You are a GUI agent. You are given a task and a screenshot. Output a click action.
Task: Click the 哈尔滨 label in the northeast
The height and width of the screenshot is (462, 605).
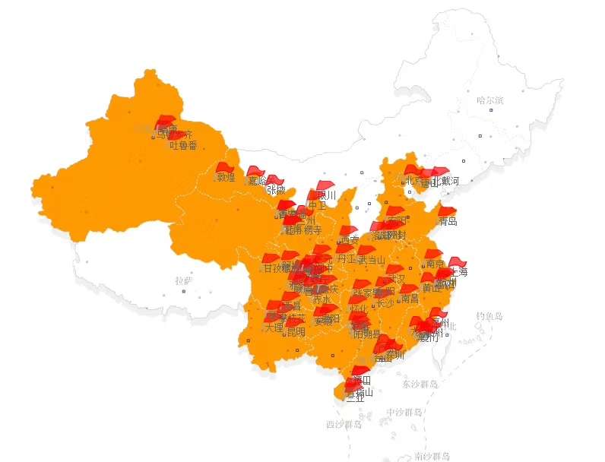tap(490, 100)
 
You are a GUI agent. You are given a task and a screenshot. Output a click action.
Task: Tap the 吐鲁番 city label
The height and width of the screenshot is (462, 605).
tap(183, 145)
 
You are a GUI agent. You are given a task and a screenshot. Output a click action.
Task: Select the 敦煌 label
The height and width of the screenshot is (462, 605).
tap(226, 178)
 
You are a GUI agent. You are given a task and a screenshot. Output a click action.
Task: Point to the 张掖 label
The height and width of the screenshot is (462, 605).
tap(276, 190)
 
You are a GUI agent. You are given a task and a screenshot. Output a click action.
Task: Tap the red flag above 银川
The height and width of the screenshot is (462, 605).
tap(325, 185)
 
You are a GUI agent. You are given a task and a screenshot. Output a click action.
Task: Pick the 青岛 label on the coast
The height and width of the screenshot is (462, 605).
tap(448, 222)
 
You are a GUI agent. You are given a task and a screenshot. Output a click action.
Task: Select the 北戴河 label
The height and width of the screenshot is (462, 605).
tap(445, 181)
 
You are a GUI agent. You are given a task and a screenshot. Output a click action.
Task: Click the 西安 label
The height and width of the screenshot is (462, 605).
tap(350, 240)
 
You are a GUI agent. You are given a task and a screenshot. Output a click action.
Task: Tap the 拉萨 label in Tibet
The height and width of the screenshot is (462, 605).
tap(183, 280)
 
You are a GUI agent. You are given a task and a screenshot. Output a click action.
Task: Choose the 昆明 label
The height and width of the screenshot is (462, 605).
tap(295, 331)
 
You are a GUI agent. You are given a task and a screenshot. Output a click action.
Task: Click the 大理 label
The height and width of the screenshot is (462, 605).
tap(274, 328)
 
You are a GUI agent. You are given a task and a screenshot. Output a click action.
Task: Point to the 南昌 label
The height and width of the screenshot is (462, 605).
tap(409, 299)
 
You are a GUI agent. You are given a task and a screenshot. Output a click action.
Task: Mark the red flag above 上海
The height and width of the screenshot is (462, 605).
tap(457, 262)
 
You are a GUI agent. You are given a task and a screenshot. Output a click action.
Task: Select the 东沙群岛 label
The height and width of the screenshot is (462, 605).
tap(421, 384)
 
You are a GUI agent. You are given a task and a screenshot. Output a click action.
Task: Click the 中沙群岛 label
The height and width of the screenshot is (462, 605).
tap(404, 413)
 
